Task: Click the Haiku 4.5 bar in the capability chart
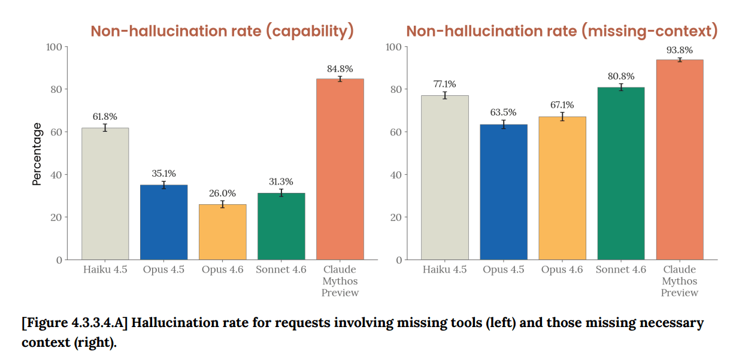105,193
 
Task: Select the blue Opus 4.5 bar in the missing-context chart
504,192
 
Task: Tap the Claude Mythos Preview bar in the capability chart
340,169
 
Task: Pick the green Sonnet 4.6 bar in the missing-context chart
621,173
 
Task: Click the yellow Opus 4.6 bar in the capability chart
222,232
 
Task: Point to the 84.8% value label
340,69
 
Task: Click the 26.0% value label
222,193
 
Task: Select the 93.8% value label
679,50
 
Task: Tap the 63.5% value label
504,113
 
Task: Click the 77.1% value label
444,84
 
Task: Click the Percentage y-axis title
37,154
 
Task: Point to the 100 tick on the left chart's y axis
54,47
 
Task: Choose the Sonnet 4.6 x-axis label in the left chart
281,270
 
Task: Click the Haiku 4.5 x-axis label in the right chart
444,270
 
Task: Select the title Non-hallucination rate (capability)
222,31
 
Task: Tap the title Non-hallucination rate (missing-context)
562,31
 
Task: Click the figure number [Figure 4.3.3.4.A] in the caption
75,323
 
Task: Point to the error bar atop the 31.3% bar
281,193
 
